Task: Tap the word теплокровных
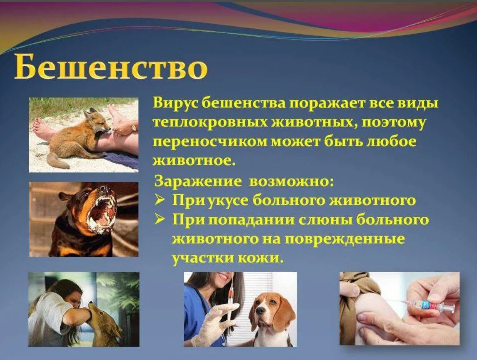click(x=210, y=123)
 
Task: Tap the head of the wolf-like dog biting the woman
click(x=96, y=318)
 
